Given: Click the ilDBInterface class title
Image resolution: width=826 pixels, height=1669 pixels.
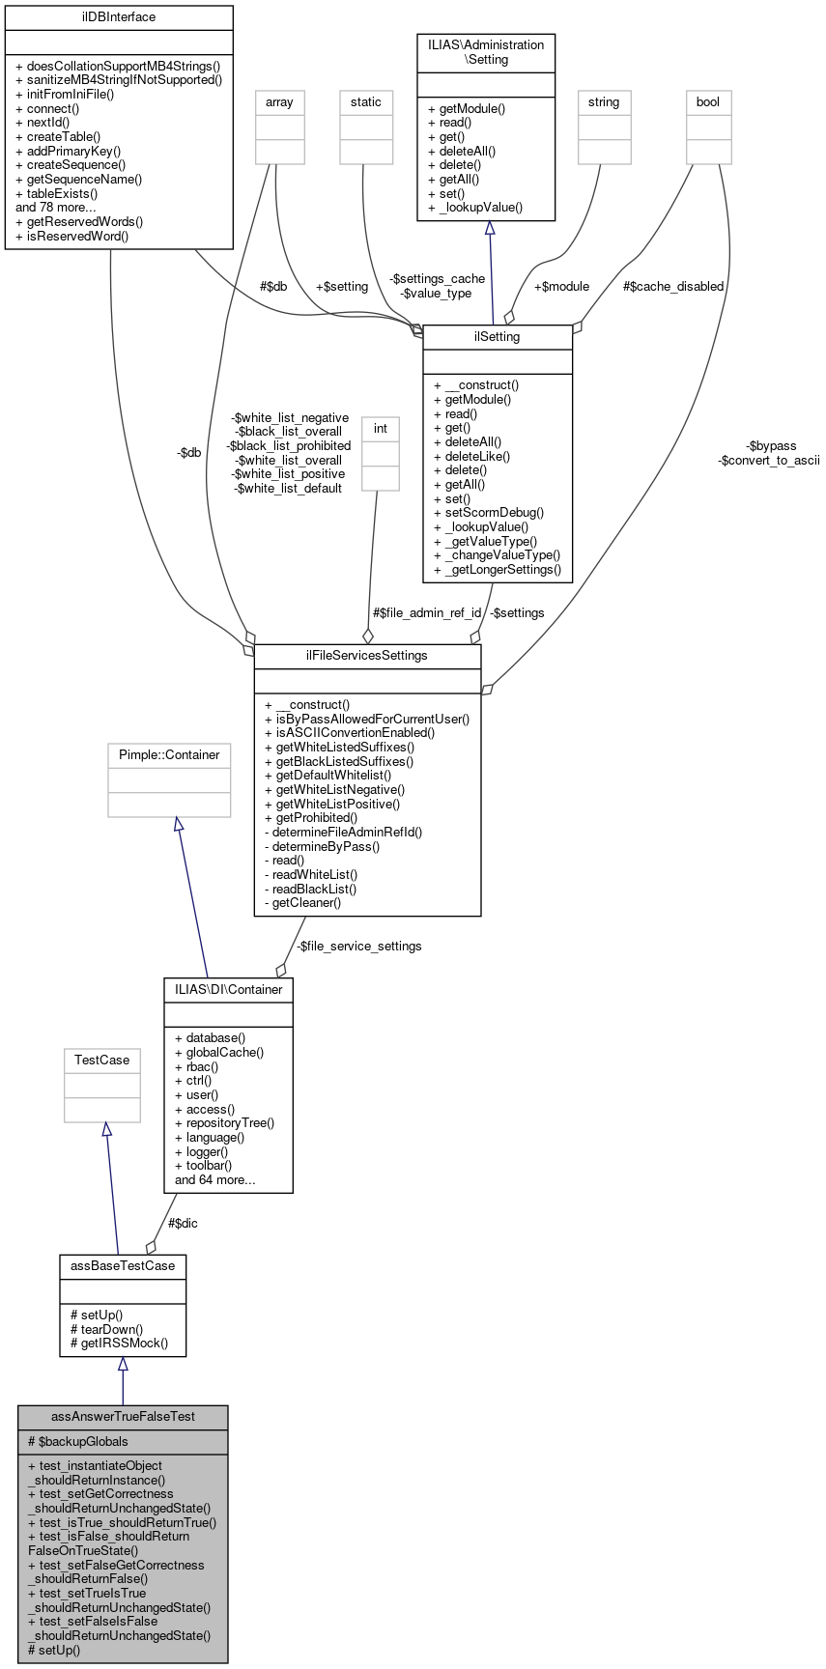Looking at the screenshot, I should coord(119,17).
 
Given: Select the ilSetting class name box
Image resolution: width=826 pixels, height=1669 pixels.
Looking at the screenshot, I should coord(498,336).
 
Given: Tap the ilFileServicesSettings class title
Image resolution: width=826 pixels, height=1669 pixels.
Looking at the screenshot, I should coord(367,655).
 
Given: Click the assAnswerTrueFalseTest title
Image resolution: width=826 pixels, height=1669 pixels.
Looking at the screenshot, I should coord(123,1416).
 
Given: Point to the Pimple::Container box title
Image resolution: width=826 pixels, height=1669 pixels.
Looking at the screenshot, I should coord(169,754).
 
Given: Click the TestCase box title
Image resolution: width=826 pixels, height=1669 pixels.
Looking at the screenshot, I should coord(102,1060).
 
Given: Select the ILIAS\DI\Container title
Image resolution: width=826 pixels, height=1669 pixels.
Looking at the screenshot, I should coord(229,989).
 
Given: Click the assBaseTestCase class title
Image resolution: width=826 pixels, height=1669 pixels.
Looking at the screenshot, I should coord(123,1264).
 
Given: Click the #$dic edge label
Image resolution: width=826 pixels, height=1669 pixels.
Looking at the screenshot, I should coord(184,1223).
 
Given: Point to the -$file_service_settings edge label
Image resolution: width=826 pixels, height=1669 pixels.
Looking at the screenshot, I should coord(358,946).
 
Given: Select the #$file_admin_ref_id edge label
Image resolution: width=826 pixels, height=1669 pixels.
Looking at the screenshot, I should coord(427,612).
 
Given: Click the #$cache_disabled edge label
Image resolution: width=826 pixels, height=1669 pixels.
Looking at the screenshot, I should coord(673,286).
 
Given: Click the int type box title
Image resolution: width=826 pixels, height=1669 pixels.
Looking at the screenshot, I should coord(381,427).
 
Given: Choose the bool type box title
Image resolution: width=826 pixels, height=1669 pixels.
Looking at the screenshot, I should coord(708,101).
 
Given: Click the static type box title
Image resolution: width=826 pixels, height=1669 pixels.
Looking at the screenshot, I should coord(366,101).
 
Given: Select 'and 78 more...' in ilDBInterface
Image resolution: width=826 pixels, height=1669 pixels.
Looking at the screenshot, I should coord(56,207).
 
